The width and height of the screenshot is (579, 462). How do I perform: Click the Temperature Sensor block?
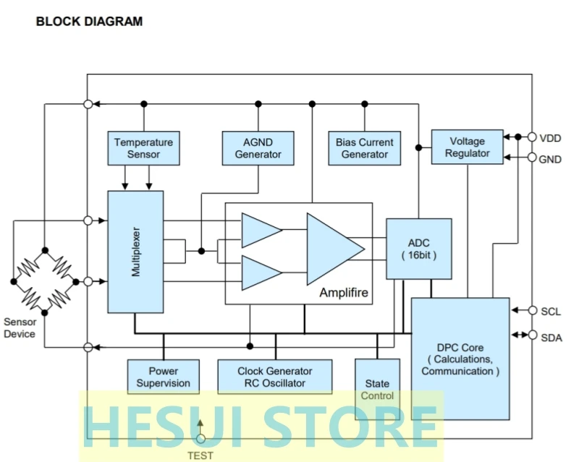[x=143, y=148]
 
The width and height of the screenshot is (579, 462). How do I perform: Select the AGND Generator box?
[x=258, y=148]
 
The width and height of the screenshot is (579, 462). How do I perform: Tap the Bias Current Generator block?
[x=365, y=148]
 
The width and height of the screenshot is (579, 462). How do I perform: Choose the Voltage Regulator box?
[x=467, y=147]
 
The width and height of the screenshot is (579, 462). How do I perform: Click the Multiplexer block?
[x=135, y=252]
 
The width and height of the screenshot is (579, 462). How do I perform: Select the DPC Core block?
[x=460, y=359]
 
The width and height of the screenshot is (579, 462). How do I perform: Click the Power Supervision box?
[x=163, y=377]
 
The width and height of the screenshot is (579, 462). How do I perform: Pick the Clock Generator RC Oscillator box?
[x=275, y=377]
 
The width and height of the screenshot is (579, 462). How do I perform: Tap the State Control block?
[x=377, y=389]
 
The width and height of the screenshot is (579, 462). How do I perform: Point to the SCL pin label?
[x=551, y=312]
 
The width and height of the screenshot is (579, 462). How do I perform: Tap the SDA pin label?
[x=551, y=336]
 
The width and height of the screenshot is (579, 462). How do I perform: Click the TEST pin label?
[x=200, y=455]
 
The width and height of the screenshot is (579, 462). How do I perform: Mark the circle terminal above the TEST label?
[x=200, y=438]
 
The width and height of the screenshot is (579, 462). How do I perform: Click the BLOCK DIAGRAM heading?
[x=89, y=22]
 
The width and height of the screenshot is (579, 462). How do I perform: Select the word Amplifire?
[x=344, y=293]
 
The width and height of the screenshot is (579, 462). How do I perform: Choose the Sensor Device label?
[x=20, y=328]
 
